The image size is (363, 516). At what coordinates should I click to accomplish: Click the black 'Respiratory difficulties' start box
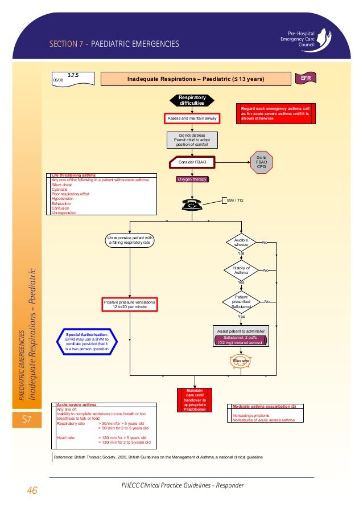191,101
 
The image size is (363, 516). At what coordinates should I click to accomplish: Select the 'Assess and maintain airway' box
191,118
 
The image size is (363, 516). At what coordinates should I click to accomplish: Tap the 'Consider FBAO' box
192,162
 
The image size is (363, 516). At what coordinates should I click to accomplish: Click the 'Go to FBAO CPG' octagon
262,162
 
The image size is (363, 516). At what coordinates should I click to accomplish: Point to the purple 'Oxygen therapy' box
192,179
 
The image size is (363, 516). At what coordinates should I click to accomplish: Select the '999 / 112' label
235,200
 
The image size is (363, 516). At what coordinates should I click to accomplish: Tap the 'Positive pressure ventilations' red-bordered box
130,304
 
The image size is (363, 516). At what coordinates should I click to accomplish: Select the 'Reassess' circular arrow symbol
241,361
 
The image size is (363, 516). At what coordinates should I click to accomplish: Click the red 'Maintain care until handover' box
191,401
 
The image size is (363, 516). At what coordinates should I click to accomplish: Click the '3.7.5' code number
73,75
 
